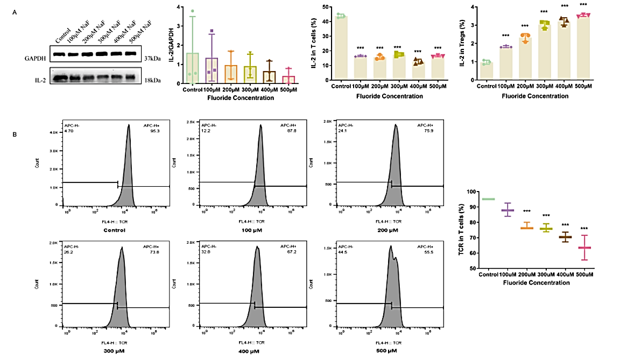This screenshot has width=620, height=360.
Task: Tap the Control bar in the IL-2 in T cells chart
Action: click(340, 48)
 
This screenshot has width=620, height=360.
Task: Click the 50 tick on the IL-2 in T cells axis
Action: click(326, 7)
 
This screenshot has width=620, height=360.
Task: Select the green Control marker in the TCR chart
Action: click(488, 199)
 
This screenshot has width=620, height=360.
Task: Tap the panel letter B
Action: click(15, 134)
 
